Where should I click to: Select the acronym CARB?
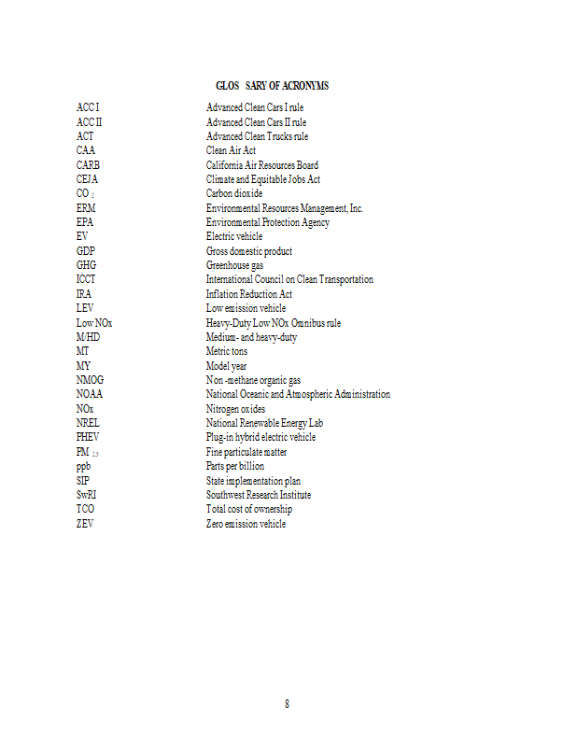(x=88, y=165)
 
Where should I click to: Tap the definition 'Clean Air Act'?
(x=231, y=150)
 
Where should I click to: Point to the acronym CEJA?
(x=87, y=179)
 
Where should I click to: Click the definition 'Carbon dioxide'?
(x=234, y=193)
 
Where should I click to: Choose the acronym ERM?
(x=86, y=208)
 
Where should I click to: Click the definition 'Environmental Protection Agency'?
(x=267, y=222)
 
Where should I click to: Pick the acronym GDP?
(x=86, y=251)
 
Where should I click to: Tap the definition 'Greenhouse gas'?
(x=234, y=265)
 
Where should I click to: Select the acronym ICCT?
(x=86, y=279)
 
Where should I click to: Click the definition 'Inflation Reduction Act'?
(x=248, y=294)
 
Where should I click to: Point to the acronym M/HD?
(x=88, y=337)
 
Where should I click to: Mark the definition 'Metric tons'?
(x=227, y=351)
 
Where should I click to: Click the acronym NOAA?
(x=90, y=394)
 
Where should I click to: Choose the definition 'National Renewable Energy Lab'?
(x=264, y=423)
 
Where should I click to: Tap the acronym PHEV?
(x=89, y=437)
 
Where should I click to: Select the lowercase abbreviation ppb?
(x=83, y=466)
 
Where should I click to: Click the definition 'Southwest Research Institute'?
(x=258, y=495)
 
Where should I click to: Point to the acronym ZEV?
(x=85, y=524)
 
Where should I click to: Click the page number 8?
(x=288, y=703)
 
